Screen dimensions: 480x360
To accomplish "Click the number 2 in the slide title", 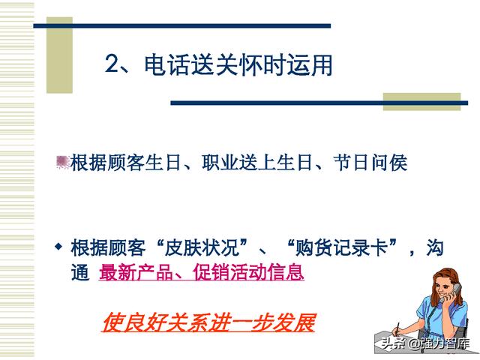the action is [112, 64].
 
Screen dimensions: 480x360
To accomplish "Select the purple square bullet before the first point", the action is [62, 162].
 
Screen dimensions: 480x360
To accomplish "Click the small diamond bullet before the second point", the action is [58, 246].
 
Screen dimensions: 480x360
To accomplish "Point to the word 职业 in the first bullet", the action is [220, 162].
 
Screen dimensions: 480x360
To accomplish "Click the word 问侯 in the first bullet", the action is [389, 162].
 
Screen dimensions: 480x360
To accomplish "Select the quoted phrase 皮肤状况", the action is [202, 247].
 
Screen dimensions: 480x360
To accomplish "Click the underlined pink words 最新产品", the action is [136, 272].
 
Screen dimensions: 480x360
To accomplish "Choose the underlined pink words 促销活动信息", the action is [248, 272].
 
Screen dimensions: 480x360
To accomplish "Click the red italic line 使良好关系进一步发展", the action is [208, 322].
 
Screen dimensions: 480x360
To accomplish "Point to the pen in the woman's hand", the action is [397, 328].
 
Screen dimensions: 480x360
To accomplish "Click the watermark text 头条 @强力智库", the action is [425, 343].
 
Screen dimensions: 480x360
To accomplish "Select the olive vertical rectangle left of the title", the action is [59, 55].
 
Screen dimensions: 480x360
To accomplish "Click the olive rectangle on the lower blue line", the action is [421, 102].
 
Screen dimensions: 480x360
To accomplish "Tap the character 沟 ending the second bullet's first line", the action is [435, 247].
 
